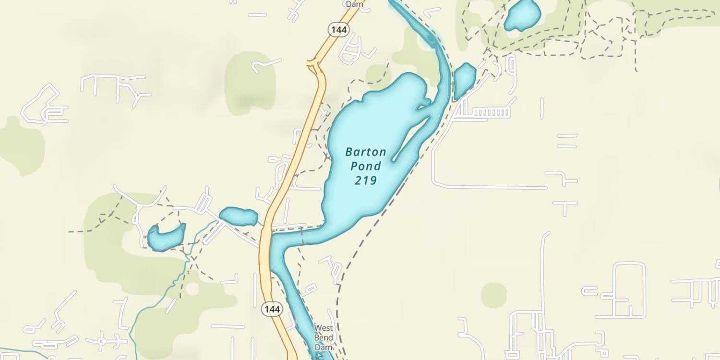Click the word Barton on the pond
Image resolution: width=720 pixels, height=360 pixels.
click(x=365, y=152)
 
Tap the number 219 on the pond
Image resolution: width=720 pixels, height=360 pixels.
click(x=365, y=180)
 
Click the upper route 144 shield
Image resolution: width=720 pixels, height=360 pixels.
click(x=338, y=30)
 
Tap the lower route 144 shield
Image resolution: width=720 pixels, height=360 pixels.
click(x=271, y=309)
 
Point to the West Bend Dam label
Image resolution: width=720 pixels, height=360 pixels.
click(x=323, y=337)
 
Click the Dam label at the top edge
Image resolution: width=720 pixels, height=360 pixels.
click(x=355, y=4)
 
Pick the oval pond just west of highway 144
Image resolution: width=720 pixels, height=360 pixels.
click(x=239, y=216)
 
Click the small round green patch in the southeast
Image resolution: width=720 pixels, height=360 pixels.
click(x=493, y=295)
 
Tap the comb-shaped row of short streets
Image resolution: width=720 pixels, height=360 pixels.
click(x=485, y=113)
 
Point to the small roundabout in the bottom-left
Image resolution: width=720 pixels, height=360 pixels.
click(x=101, y=341)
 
